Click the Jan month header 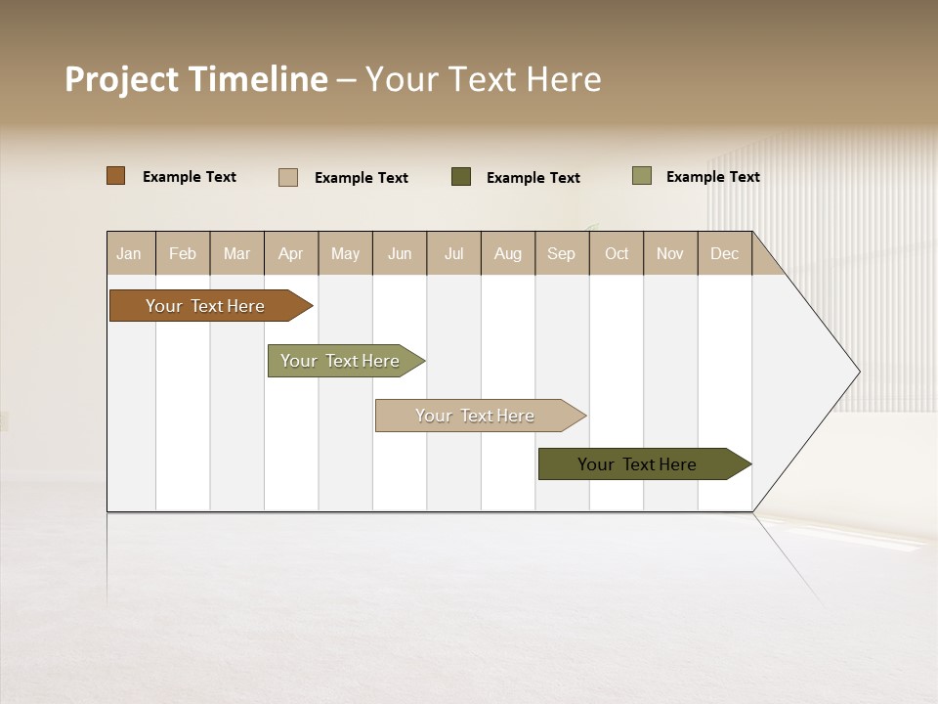click(x=130, y=253)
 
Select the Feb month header click(x=183, y=253)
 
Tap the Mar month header click(x=236, y=253)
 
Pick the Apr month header click(x=291, y=253)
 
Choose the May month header click(x=345, y=253)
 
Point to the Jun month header click(x=400, y=253)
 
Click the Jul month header click(x=453, y=253)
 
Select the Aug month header click(x=508, y=253)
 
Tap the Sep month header click(x=562, y=253)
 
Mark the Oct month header click(x=617, y=253)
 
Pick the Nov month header click(x=670, y=253)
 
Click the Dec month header click(x=725, y=253)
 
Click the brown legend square click(x=116, y=176)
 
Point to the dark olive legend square click(x=461, y=177)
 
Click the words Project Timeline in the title click(x=196, y=79)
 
